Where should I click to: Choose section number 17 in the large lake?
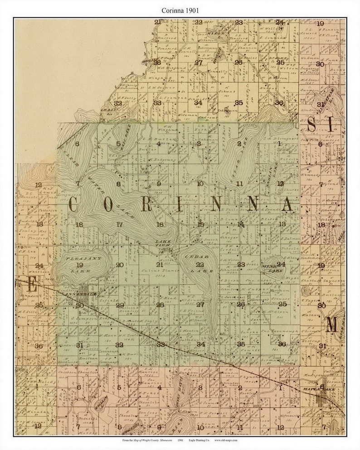click(x=119, y=224)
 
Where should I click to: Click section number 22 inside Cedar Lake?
click(x=200, y=264)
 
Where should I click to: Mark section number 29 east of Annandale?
click(x=120, y=305)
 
